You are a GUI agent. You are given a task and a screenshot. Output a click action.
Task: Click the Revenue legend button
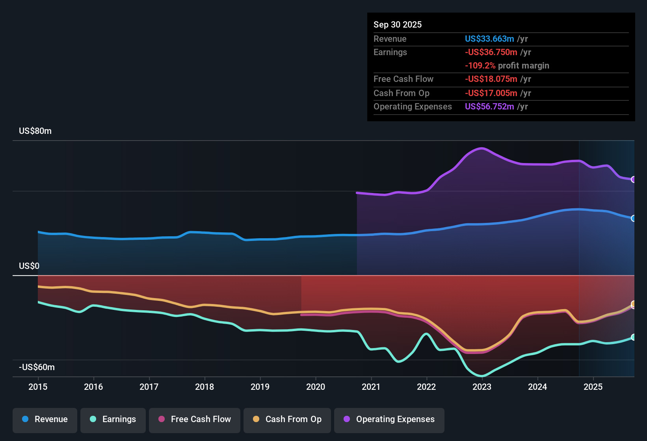tap(45, 419)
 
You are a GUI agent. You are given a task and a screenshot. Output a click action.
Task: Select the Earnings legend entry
tap(113, 419)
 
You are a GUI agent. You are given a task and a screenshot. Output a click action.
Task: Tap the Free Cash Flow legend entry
tap(195, 419)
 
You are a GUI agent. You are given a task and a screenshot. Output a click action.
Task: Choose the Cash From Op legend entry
tap(287, 419)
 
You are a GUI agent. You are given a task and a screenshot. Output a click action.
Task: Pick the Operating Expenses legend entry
tap(389, 419)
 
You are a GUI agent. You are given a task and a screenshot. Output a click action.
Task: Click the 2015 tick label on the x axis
tap(38, 387)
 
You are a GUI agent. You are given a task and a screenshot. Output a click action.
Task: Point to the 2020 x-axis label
tap(316, 387)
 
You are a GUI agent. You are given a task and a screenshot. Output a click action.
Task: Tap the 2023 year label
tap(482, 387)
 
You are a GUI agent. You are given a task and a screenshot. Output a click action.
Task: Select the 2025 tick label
tap(593, 387)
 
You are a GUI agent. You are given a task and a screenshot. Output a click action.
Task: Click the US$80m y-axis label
tap(35, 131)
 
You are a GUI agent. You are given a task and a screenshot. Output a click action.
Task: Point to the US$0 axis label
tap(29, 266)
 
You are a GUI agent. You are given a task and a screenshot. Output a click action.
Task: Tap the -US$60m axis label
tap(37, 367)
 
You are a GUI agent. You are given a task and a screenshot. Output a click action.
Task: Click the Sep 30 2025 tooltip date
tap(398, 25)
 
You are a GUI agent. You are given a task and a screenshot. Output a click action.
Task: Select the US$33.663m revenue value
tap(489, 39)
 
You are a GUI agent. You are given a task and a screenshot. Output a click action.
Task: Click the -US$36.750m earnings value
tap(491, 52)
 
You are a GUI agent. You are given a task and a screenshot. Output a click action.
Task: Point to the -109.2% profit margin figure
tap(480, 66)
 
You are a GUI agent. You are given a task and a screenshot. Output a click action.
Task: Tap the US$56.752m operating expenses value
tap(489, 107)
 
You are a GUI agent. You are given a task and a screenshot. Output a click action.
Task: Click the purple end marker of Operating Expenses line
tap(633, 180)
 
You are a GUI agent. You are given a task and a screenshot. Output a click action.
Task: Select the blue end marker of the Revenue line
tap(633, 219)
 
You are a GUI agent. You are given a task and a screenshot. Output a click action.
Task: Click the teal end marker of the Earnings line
tap(633, 337)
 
